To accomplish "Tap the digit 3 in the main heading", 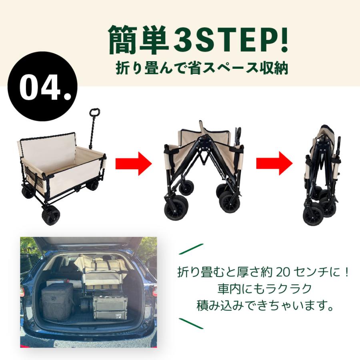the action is [182, 38].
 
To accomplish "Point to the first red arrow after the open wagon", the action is [134, 164].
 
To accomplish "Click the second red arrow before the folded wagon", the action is [274, 164].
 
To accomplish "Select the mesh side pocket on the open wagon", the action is [32, 174].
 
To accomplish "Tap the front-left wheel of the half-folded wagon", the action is [176, 208].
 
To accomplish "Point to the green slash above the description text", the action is [191, 249].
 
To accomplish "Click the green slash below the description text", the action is [191, 323].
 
